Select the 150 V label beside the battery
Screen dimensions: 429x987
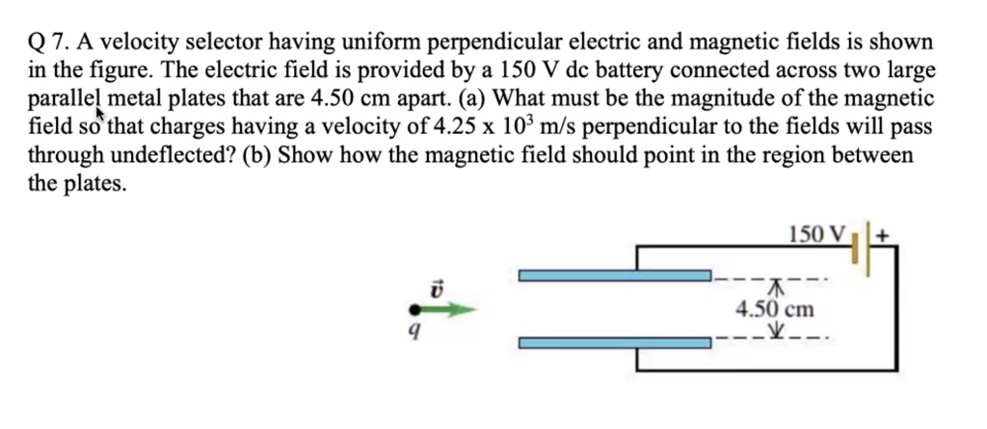coord(815,234)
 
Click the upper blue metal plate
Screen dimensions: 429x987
coord(614,277)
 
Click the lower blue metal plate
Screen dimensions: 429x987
coord(614,342)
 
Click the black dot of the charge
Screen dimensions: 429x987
coord(414,309)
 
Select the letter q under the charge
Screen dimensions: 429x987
coord(413,333)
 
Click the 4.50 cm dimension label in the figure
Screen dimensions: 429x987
coord(774,309)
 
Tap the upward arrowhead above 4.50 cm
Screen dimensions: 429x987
coord(775,286)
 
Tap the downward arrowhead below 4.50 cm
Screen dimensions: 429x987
coord(775,334)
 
